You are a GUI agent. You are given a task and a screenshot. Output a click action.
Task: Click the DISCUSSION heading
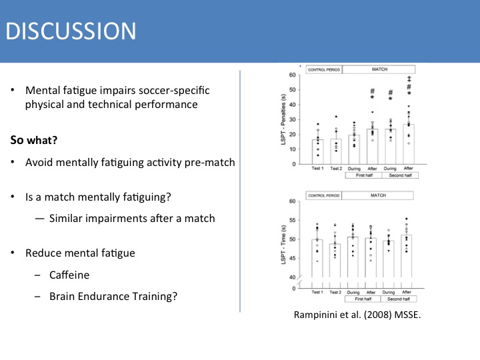pos(69,31)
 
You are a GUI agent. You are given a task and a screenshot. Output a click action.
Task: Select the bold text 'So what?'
pos(33,141)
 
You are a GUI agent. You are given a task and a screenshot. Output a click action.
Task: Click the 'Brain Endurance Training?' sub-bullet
pos(113,296)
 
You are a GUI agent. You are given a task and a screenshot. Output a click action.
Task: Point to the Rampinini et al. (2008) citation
pos(358,315)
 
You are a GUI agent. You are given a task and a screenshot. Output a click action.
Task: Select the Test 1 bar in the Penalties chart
pos(318,151)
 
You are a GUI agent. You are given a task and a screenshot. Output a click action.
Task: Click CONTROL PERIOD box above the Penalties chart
pos(323,69)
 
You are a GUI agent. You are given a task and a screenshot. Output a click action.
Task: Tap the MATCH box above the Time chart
pos(377,195)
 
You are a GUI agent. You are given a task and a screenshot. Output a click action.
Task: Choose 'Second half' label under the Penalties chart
pos(399,177)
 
